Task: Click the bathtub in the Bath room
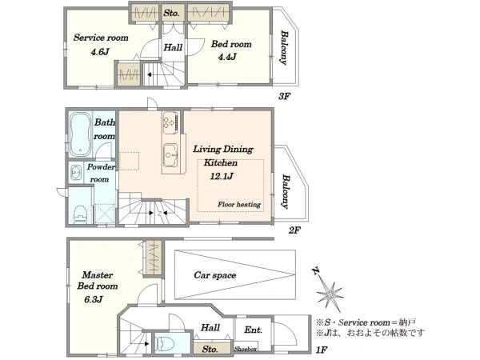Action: [81, 134]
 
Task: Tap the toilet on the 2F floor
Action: [81, 213]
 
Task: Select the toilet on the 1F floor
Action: [164, 343]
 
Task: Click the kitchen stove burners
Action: [170, 122]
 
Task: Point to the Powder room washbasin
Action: [76, 173]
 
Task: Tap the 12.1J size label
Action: [222, 176]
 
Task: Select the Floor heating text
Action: [239, 204]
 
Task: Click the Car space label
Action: [215, 275]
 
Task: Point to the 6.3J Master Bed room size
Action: [94, 298]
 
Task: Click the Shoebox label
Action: [246, 349]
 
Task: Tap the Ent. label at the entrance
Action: [253, 330]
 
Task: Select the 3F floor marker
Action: [284, 97]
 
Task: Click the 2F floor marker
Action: [294, 230]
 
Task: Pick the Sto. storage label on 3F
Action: [171, 13]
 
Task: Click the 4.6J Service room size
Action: [100, 52]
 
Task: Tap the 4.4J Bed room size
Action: [227, 56]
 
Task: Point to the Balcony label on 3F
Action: [284, 47]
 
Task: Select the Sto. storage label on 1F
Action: [210, 349]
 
